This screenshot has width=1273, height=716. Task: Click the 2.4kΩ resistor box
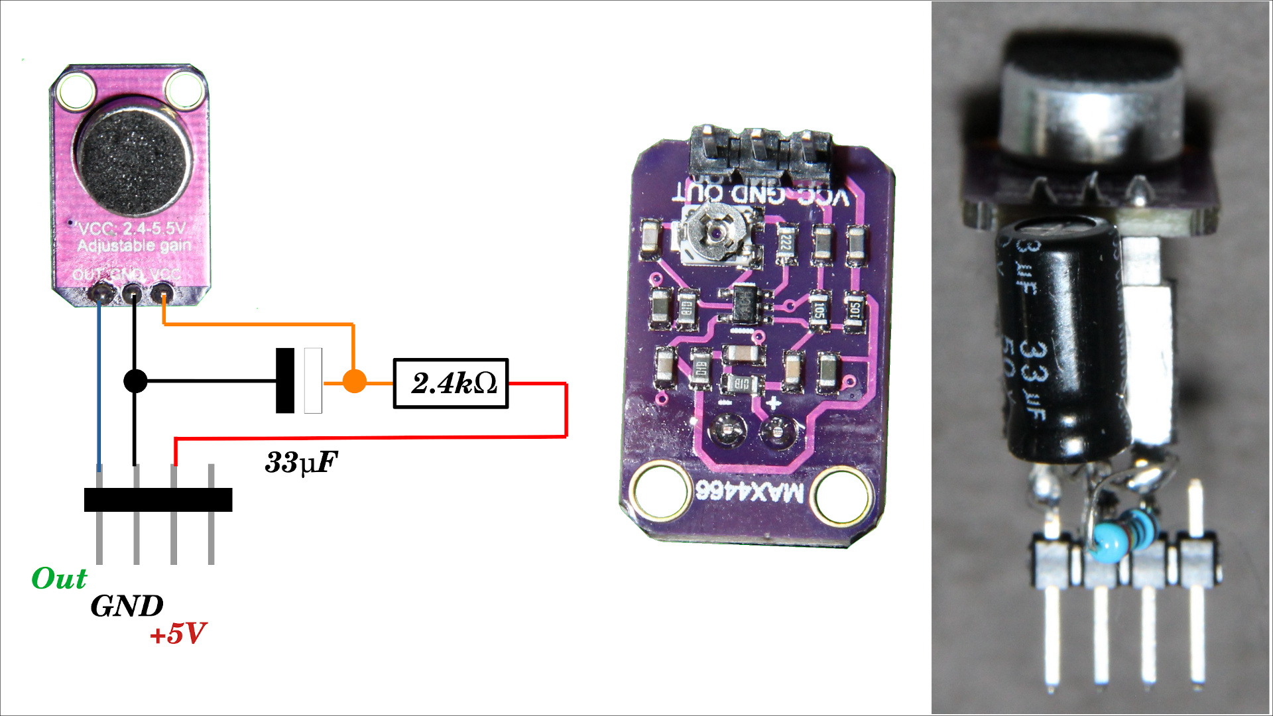(x=451, y=383)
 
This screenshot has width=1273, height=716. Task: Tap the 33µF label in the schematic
(x=301, y=462)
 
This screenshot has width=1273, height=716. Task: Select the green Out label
(x=59, y=579)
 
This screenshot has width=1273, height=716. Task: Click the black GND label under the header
(x=127, y=606)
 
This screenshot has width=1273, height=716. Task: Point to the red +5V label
(x=178, y=634)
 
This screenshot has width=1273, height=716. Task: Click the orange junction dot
(x=354, y=381)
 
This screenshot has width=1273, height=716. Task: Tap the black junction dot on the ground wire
(x=135, y=381)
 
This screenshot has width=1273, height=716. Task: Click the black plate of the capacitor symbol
(x=285, y=381)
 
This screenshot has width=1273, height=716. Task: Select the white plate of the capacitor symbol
(x=313, y=381)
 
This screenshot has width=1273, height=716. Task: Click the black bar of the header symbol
(x=158, y=500)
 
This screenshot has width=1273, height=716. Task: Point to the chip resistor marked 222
(x=786, y=243)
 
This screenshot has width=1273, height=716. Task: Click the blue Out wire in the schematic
(x=99, y=385)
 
